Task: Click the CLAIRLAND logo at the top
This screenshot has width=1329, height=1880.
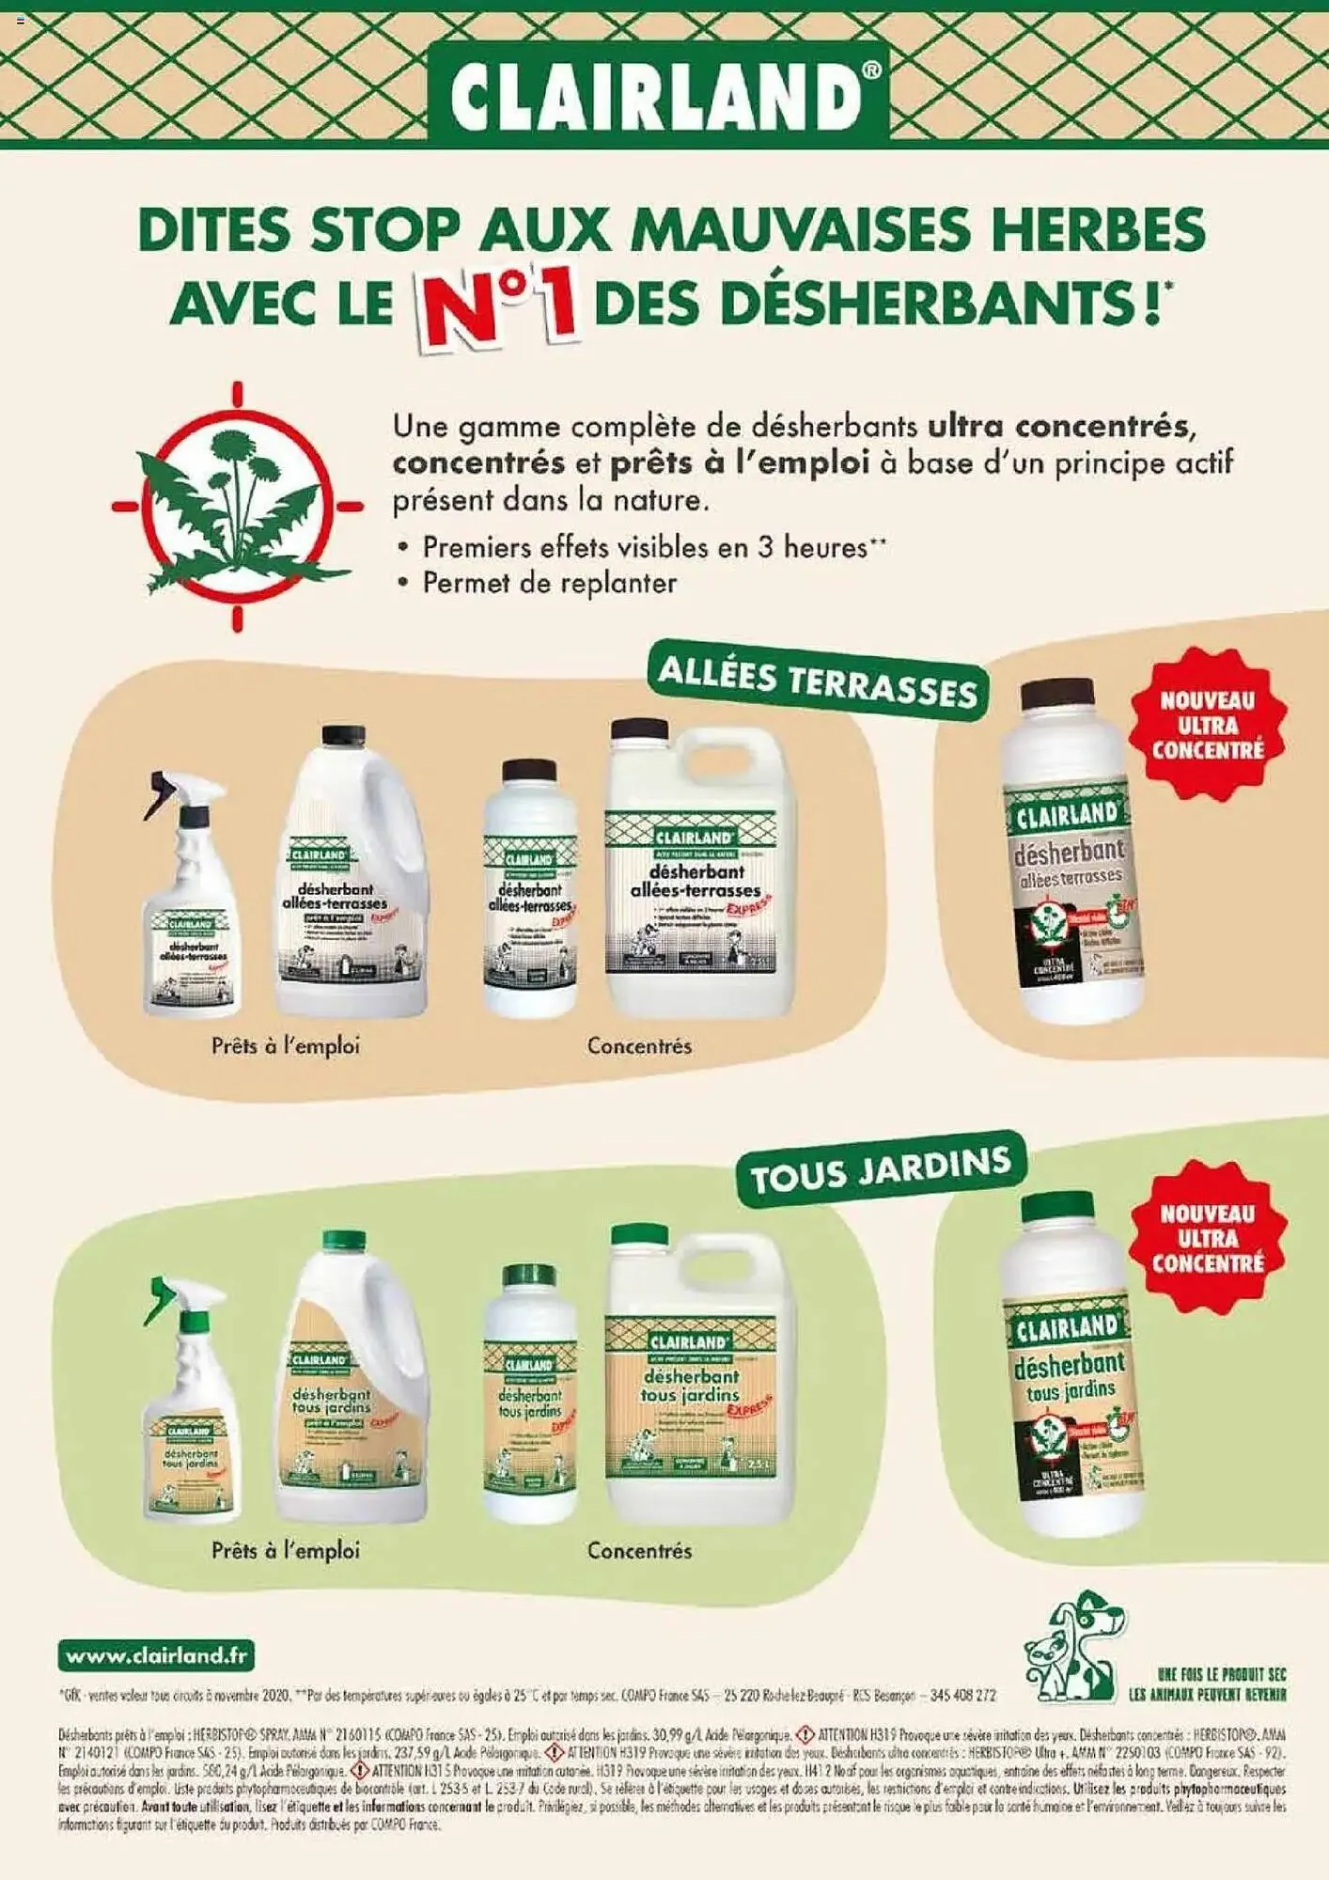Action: point(658,94)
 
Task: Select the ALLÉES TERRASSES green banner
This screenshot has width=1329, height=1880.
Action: point(816,680)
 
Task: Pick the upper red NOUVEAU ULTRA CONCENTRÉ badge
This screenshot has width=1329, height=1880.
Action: point(1208,724)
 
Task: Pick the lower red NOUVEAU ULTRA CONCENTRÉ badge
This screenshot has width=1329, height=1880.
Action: point(1208,1236)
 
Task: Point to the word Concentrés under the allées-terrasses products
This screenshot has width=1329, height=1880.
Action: point(639,1045)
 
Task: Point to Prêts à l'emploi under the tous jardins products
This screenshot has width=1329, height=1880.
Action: point(285,1550)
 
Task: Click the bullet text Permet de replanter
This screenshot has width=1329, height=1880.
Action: point(549,583)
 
